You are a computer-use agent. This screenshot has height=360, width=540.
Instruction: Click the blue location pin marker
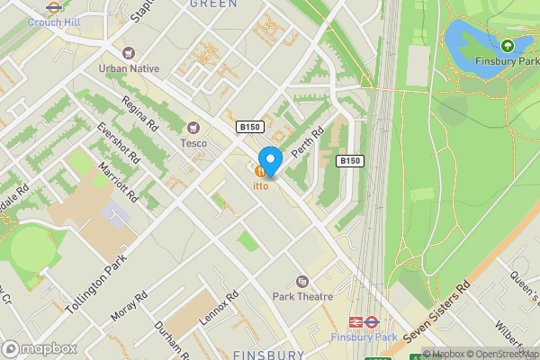click(270, 157)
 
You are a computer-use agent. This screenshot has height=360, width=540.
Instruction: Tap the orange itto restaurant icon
click(260, 171)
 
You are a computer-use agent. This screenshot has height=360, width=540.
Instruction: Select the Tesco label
click(193, 142)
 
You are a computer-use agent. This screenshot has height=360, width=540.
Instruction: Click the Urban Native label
click(129, 68)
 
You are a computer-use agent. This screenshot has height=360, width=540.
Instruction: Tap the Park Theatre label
click(302, 296)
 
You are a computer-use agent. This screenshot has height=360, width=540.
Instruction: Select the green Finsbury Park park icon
click(508, 45)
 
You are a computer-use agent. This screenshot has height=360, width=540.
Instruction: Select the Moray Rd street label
click(128, 307)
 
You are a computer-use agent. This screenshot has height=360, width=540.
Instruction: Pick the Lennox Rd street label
click(220, 308)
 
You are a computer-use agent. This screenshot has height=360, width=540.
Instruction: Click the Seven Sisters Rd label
click(438, 312)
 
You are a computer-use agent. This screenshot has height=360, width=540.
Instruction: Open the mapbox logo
click(39, 348)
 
